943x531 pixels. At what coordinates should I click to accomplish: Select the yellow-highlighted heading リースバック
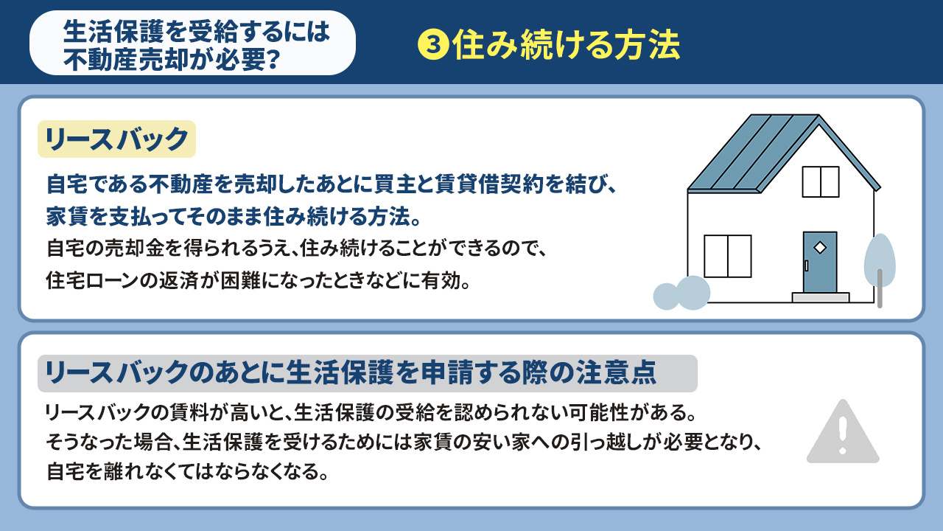[116, 139]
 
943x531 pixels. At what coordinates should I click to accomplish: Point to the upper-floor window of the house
[820, 181]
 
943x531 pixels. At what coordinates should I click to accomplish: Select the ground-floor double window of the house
[727, 256]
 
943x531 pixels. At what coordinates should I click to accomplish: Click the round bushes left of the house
[682, 293]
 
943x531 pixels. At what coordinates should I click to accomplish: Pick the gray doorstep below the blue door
[820, 297]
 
